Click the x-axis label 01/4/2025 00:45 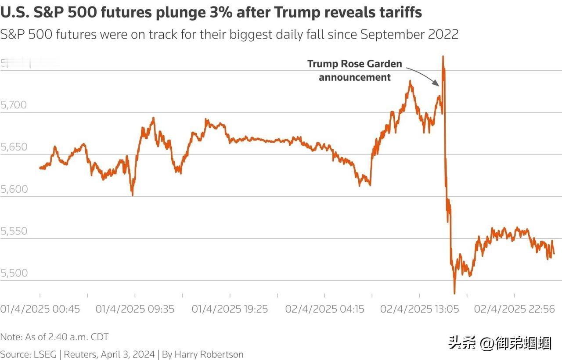40,309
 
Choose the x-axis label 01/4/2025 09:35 135,309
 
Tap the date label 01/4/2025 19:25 230,309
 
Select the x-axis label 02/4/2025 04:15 325,309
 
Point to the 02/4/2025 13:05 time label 420,309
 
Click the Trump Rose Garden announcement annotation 354,71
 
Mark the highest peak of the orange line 443,57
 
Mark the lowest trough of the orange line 454,293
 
